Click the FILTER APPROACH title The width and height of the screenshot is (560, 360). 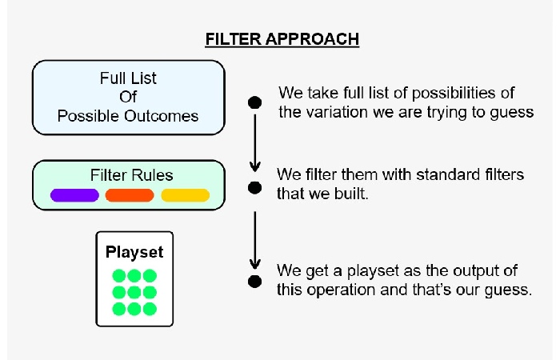click(282, 39)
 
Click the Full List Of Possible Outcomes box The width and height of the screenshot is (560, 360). click(129, 98)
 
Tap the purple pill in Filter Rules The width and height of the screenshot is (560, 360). click(74, 195)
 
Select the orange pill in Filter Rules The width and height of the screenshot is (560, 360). click(130, 195)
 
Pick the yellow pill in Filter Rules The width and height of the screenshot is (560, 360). click(186, 195)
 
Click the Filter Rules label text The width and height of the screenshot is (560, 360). click(131, 175)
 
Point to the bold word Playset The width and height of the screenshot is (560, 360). click(134, 252)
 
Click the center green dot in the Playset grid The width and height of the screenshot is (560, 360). click(134, 293)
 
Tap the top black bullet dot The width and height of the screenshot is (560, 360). click(254, 102)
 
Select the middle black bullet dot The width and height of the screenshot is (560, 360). click(254, 188)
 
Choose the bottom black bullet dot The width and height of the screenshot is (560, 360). click(254, 282)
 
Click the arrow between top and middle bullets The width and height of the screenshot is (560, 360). click(255, 143)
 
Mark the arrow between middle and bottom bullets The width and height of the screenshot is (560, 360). click(255, 240)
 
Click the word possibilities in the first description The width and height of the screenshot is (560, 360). click(454, 94)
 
